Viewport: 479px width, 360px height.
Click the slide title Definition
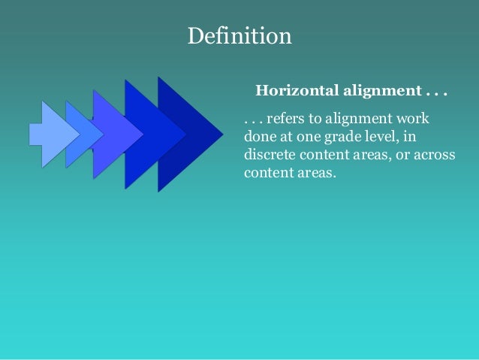[239, 36]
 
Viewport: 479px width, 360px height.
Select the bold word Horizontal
[297, 92]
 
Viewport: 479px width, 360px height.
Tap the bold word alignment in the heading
[382, 92]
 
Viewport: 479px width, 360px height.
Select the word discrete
[268, 154]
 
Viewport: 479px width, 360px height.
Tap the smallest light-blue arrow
[47, 134]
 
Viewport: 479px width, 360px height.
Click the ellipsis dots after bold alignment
[435, 92]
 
